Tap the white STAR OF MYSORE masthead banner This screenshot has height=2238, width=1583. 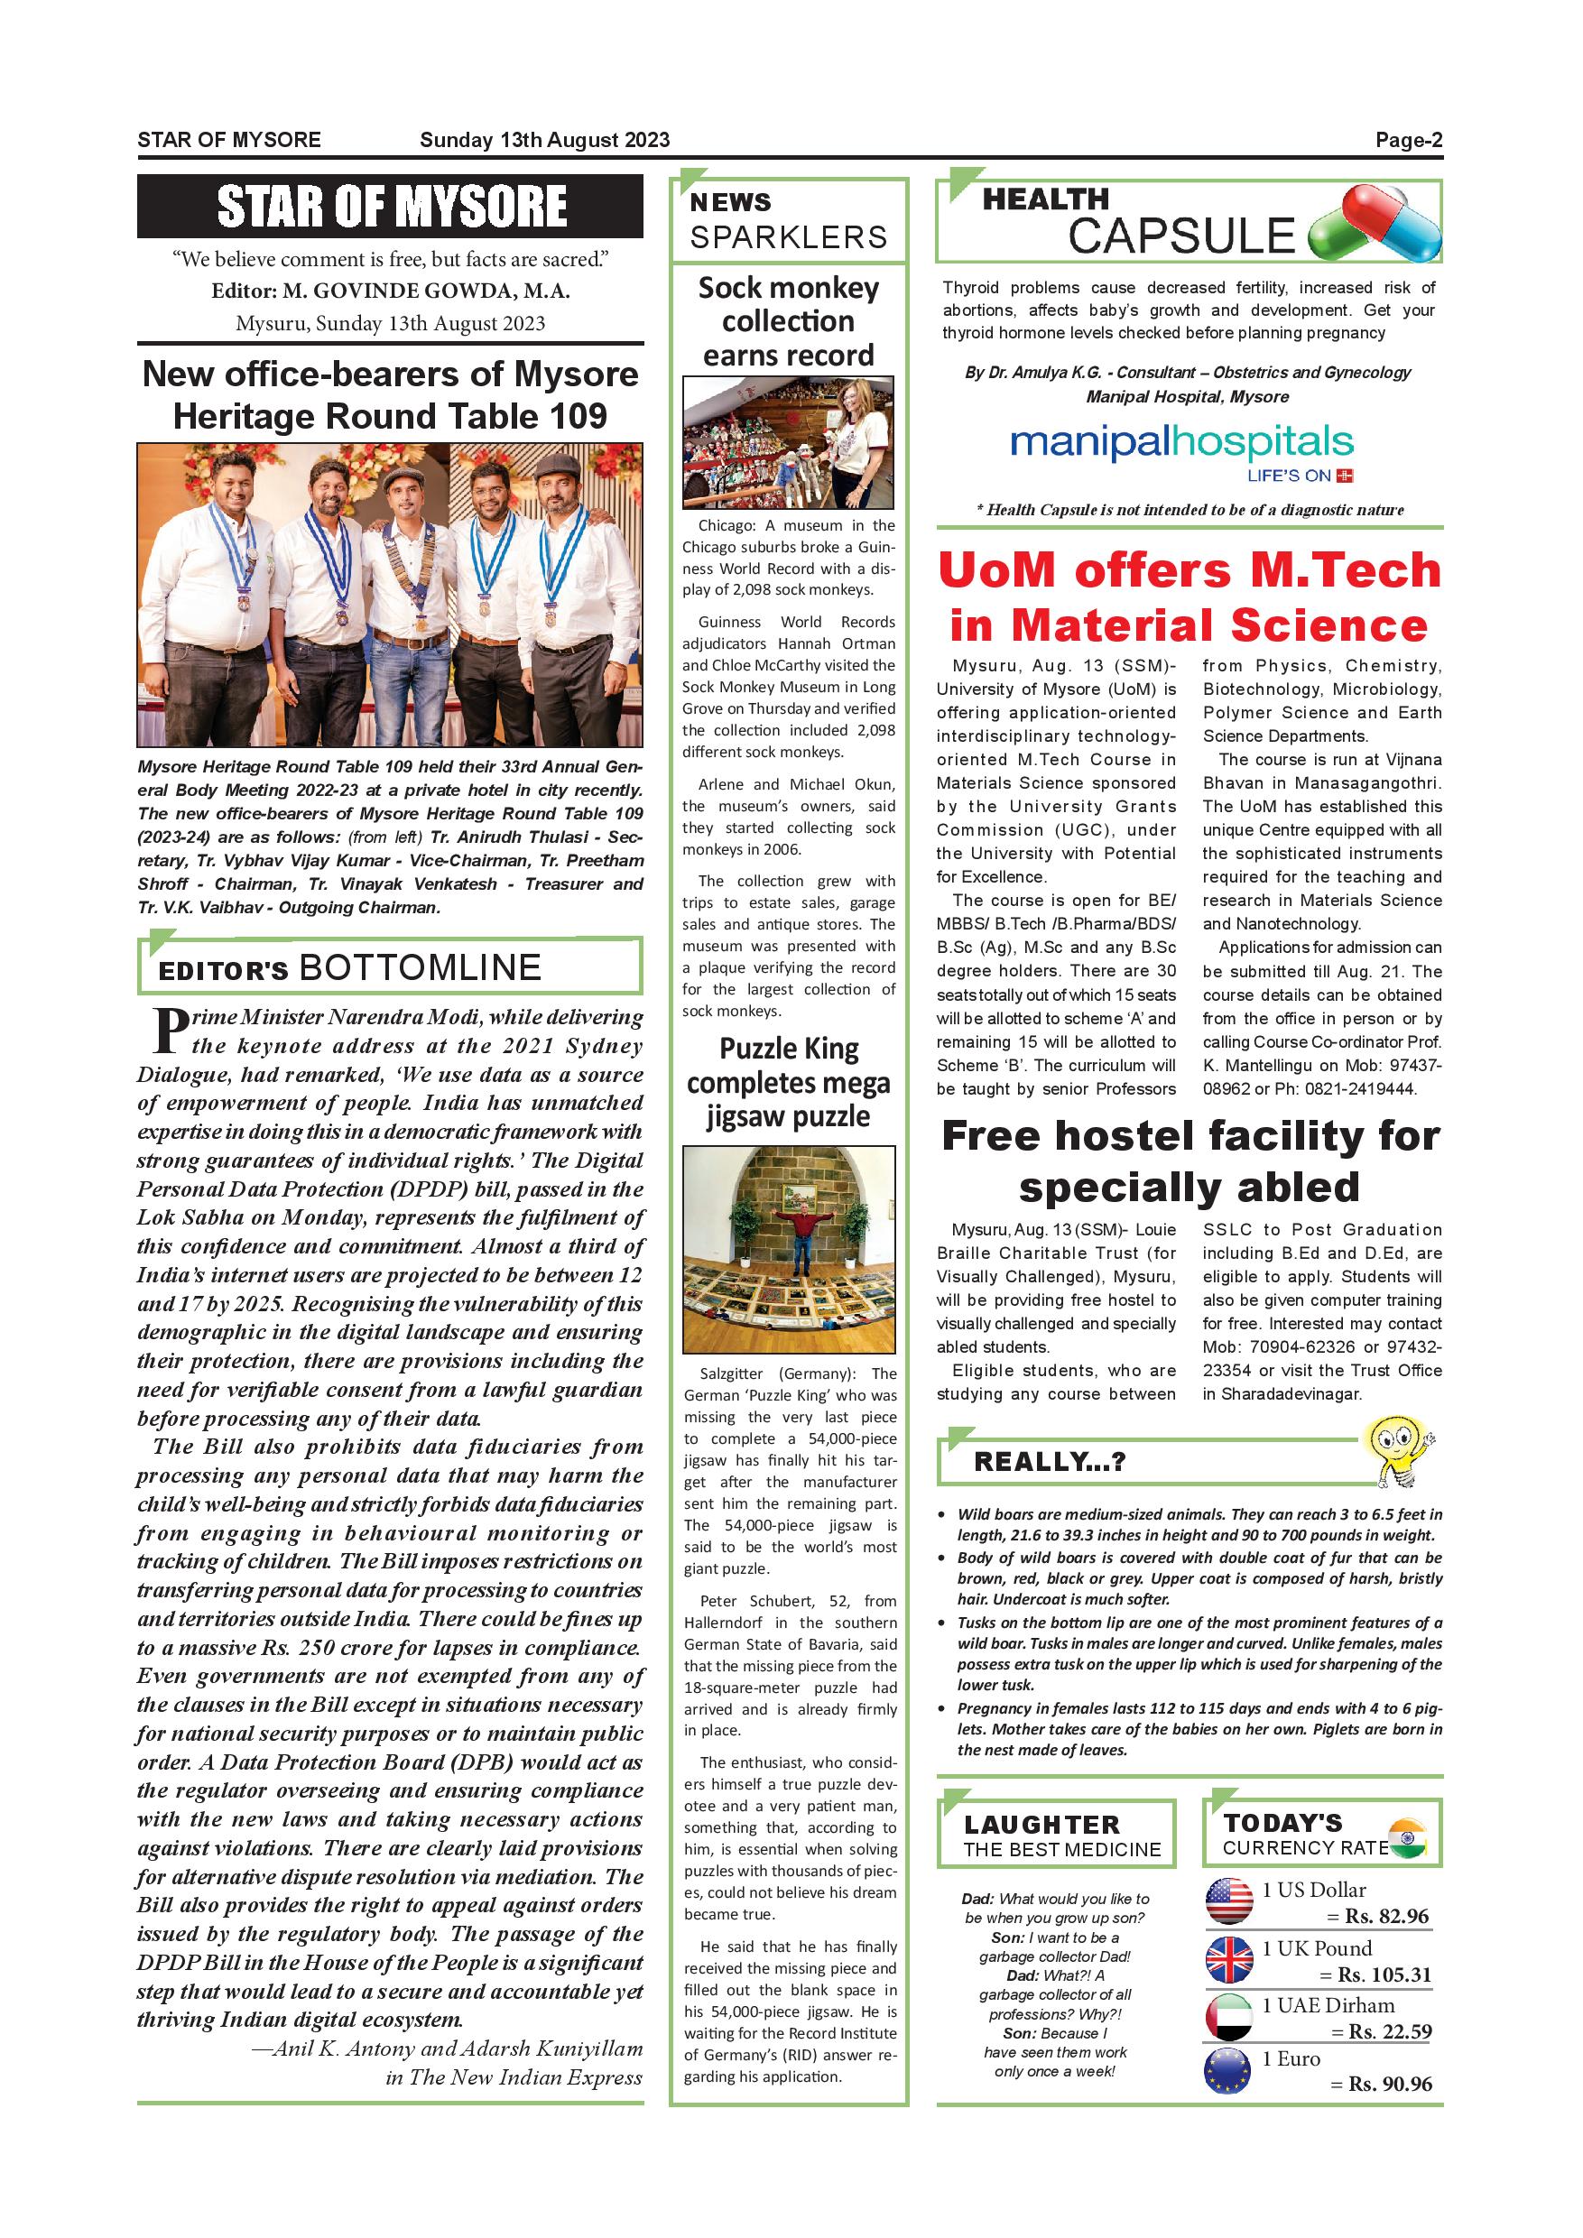coord(390,207)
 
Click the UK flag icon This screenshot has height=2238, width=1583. coord(1229,1960)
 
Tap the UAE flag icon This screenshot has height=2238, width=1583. coord(1229,2018)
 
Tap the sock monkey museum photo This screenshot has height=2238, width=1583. coord(788,442)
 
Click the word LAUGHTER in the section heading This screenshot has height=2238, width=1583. coord(1041,1825)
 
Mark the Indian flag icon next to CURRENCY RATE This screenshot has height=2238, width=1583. coord(1404,1838)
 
